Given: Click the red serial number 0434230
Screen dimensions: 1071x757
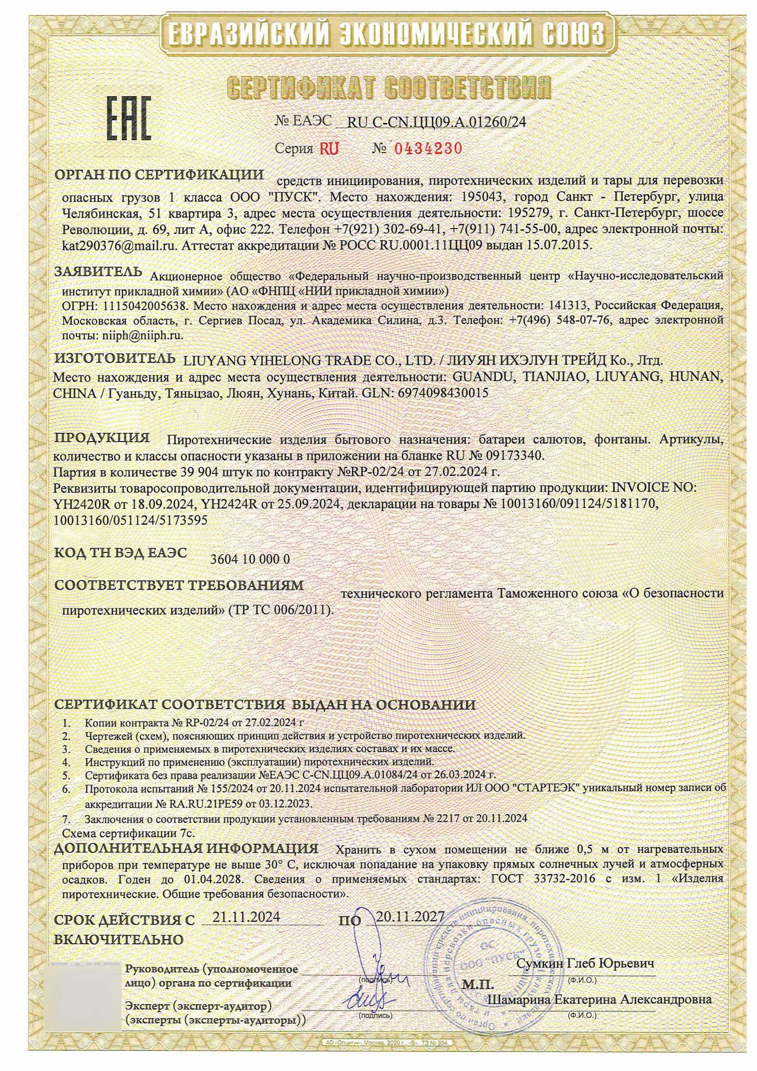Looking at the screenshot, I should (428, 149).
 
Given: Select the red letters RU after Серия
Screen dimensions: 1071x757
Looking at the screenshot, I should (329, 149).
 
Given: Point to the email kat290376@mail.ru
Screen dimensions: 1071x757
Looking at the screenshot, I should (120, 245).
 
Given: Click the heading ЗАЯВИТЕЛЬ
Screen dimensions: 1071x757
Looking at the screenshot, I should (98, 272).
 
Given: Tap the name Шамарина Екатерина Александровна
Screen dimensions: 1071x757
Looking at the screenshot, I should (599, 999).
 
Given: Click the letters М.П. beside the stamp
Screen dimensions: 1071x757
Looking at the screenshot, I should (478, 984).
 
